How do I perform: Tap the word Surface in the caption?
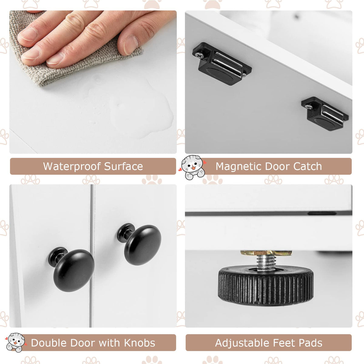pos(123,166)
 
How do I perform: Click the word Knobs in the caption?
pos(140,343)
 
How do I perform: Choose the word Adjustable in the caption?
pos(242,343)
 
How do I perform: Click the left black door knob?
pos(71,269)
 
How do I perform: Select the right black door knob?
pos(139,244)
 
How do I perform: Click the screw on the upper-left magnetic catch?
pos(199,55)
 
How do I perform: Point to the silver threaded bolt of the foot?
pos(266,263)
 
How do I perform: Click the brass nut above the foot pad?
pos(266,253)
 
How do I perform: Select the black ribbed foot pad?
pos(266,285)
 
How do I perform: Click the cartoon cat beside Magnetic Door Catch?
pos(192,167)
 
